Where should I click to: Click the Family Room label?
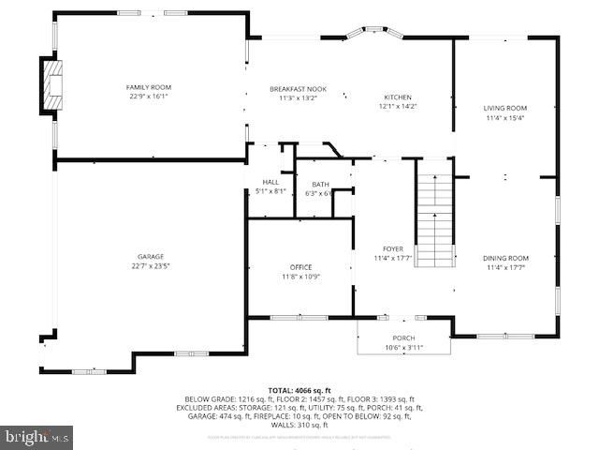click(x=149, y=87)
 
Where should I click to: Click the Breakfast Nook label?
click(x=299, y=87)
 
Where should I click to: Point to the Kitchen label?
click(x=398, y=97)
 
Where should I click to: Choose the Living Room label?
click(x=505, y=108)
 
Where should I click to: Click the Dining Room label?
click(x=505, y=258)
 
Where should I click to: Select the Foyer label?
click(x=393, y=248)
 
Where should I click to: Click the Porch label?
click(x=403, y=338)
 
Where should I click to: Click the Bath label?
click(x=321, y=184)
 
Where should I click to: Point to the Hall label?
click(x=270, y=182)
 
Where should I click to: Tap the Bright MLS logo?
click(x=38, y=436)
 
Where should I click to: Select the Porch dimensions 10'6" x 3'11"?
click(x=403, y=348)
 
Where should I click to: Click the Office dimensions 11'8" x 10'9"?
click(x=300, y=277)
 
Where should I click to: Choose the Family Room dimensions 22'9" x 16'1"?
click(x=149, y=97)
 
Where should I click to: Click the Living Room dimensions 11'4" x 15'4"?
click(x=505, y=118)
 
